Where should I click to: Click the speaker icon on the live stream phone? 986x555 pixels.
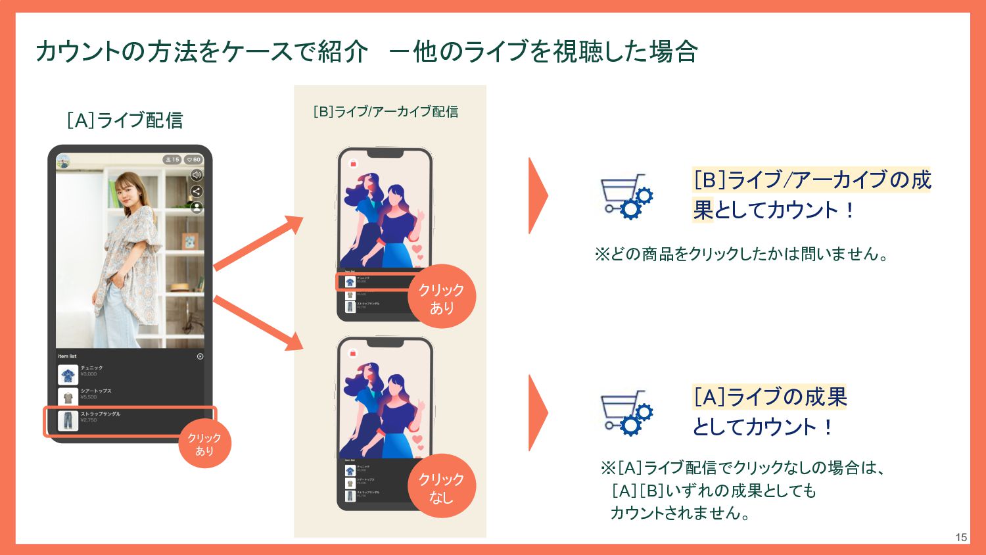pos(196,175)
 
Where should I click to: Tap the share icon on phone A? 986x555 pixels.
pos(196,191)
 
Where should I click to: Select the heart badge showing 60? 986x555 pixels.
pos(193,160)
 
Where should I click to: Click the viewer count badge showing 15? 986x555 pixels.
pos(172,160)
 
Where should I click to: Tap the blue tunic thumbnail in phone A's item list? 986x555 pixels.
pos(68,374)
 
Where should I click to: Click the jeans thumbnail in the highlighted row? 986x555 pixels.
pos(68,421)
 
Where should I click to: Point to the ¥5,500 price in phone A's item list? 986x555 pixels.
pos(89,397)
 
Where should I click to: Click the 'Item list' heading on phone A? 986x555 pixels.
pos(67,356)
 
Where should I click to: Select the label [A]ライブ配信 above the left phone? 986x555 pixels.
pos(125,120)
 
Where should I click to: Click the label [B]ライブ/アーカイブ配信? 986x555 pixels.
pos(386,112)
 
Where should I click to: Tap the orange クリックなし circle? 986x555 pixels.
pos(442,487)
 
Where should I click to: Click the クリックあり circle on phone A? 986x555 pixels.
pos(204,445)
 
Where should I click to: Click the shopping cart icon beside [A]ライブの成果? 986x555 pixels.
pos(626,413)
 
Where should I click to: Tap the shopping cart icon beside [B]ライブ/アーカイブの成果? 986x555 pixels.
pos(626,196)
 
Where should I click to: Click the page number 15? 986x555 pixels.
pos(961,537)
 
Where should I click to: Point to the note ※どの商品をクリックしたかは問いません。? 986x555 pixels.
pos(741,254)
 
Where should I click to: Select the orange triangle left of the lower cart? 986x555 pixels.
pos(538,413)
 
